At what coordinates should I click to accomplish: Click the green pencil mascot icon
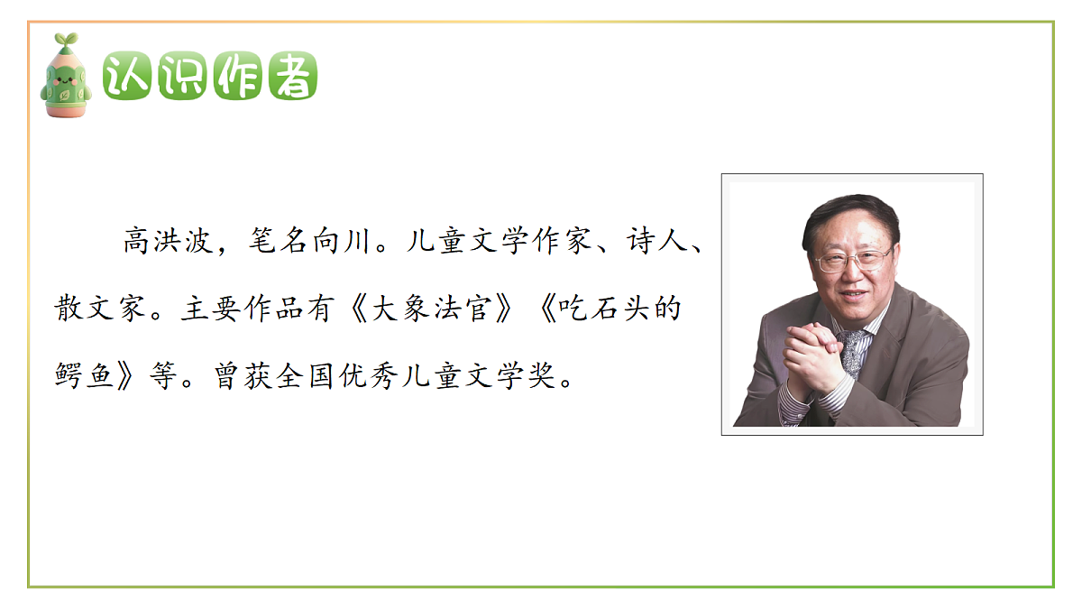click(66, 79)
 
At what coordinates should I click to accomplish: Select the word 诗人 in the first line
click(654, 242)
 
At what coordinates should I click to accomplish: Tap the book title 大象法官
click(434, 309)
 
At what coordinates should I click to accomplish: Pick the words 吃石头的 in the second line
click(621, 309)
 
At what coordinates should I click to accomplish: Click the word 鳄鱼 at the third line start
click(84, 376)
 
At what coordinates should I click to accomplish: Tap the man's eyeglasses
click(851, 262)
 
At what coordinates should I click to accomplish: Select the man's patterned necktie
click(852, 352)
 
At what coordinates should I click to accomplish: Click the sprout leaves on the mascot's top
click(66, 41)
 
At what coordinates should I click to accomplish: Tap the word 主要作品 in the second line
click(237, 309)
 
